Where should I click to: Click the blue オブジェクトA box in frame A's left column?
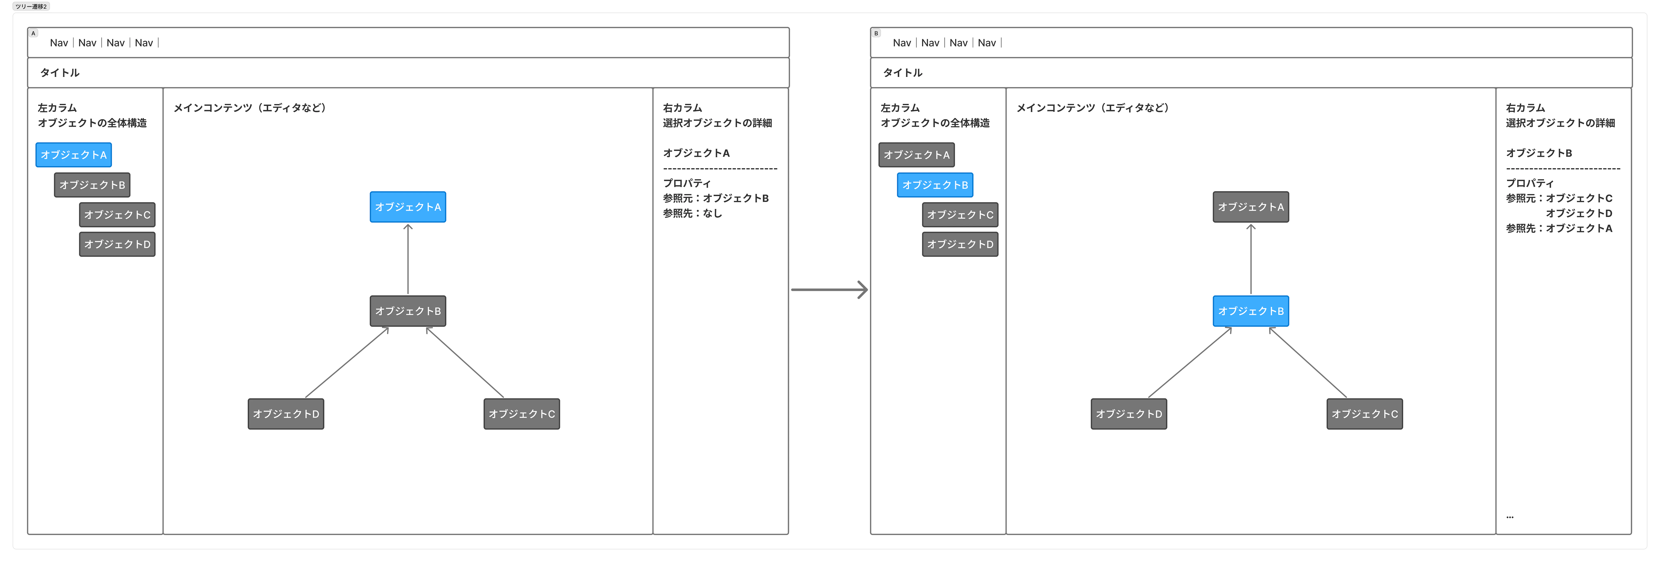(74, 155)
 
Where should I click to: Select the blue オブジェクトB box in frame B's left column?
(935, 185)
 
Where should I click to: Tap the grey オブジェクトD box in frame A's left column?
(117, 244)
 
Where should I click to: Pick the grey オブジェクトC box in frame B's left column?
(960, 215)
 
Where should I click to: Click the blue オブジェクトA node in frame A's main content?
(408, 207)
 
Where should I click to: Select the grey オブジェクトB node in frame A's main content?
(408, 311)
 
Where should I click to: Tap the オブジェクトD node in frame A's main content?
(286, 414)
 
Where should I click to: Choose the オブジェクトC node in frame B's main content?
(1365, 414)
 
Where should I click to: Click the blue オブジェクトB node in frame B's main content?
(1251, 311)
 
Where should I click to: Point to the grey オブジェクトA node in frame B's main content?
(1251, 207)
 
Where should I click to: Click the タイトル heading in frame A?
(60, 73)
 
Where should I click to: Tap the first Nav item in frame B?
(902, 43)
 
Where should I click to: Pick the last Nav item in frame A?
(144, 43)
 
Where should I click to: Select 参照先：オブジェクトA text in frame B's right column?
(1559, 228)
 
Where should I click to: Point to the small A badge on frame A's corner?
(33, 33)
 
